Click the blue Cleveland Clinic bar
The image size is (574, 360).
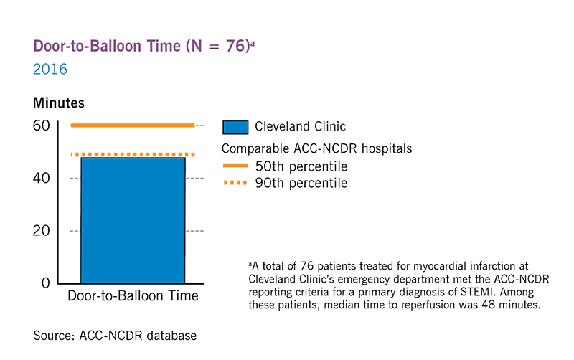(133, 219)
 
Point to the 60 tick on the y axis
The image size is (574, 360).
(42, 125)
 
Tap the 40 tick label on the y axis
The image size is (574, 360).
(42, 178)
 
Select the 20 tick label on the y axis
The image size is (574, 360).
(42, 230)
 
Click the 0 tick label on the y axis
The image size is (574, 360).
(46, 283)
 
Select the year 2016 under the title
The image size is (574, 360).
(50, 70)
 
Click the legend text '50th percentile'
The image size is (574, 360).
(301, 167)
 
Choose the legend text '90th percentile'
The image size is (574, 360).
(301, 184)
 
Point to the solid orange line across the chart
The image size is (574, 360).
(133, 125)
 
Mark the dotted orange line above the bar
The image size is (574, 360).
(133, 154)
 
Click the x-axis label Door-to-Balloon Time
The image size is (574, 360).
(133, 296)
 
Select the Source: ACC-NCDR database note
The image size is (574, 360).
(115, 335)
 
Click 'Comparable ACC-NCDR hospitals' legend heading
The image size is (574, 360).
(316, 149)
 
